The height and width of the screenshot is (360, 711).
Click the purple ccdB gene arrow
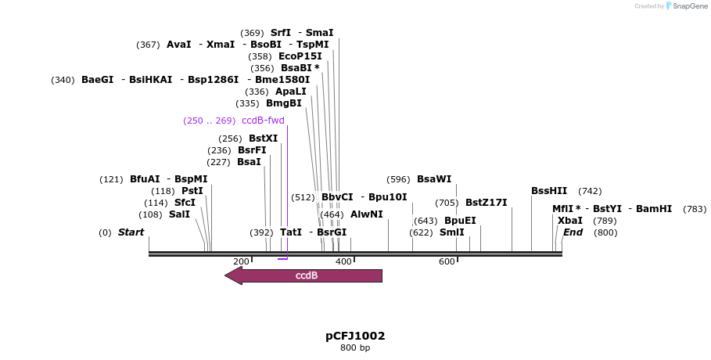(304, 275)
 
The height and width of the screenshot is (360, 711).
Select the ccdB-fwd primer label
(263, 121)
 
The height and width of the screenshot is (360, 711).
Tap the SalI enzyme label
(179, 214)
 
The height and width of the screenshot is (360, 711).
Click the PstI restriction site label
(192, 191)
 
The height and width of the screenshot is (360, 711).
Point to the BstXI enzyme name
(263, 139)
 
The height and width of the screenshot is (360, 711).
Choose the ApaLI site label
(290, 92)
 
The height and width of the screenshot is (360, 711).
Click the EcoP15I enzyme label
(300, 56)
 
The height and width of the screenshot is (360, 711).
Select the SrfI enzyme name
(280, 33)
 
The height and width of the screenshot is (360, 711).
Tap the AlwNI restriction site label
(366, 214)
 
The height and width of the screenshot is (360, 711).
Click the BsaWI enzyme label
(434, 179)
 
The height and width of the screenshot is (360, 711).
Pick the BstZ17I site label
(486, 203)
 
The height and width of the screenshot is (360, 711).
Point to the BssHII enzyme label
(549, 191)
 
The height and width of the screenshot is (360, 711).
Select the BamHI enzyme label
(654, 209)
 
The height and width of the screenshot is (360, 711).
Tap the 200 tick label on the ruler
(241, 261)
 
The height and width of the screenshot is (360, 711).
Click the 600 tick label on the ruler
(447, 261)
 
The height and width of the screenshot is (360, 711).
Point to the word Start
(131, 232)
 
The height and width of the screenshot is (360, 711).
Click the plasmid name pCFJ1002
(355, 336)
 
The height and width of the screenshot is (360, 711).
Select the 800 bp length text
(355, 347)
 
